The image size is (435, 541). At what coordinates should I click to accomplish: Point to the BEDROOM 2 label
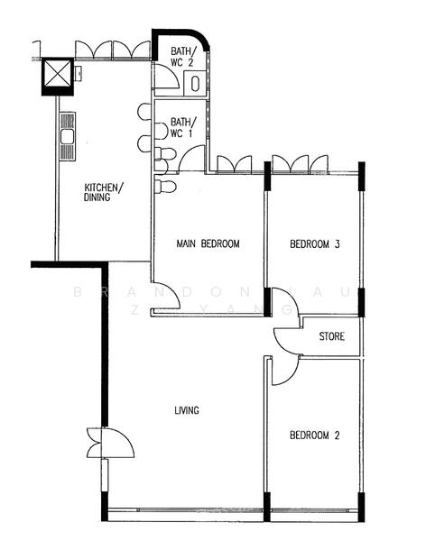[314, 436]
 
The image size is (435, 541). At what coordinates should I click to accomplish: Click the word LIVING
[187, 411]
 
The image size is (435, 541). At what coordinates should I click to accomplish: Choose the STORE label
[332, 338]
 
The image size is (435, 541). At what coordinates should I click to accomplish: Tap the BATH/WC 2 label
[182, 58]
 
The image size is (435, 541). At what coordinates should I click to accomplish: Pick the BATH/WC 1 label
[182, 127]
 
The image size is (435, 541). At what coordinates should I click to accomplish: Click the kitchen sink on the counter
[67, 138]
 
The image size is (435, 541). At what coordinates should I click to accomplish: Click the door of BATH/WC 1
[191, 159]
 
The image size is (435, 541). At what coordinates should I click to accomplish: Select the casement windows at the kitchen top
[112, 50]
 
